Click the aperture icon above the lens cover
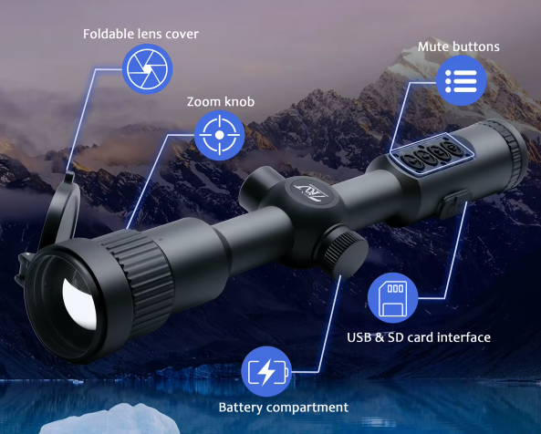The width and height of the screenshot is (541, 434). [x=147, y=69]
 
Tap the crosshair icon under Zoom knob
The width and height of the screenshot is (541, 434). [x=220, y=135]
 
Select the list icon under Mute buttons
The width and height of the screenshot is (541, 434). [x=462, y=80]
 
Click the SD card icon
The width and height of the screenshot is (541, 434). [x=392, y=298]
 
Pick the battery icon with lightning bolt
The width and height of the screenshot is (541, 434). [x=266, y=372]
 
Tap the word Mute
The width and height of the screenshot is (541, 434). [x=432, y=46]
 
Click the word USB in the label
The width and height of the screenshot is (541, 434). [x=359, y=337]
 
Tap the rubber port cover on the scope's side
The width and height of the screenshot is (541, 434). [x=454, y=203]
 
